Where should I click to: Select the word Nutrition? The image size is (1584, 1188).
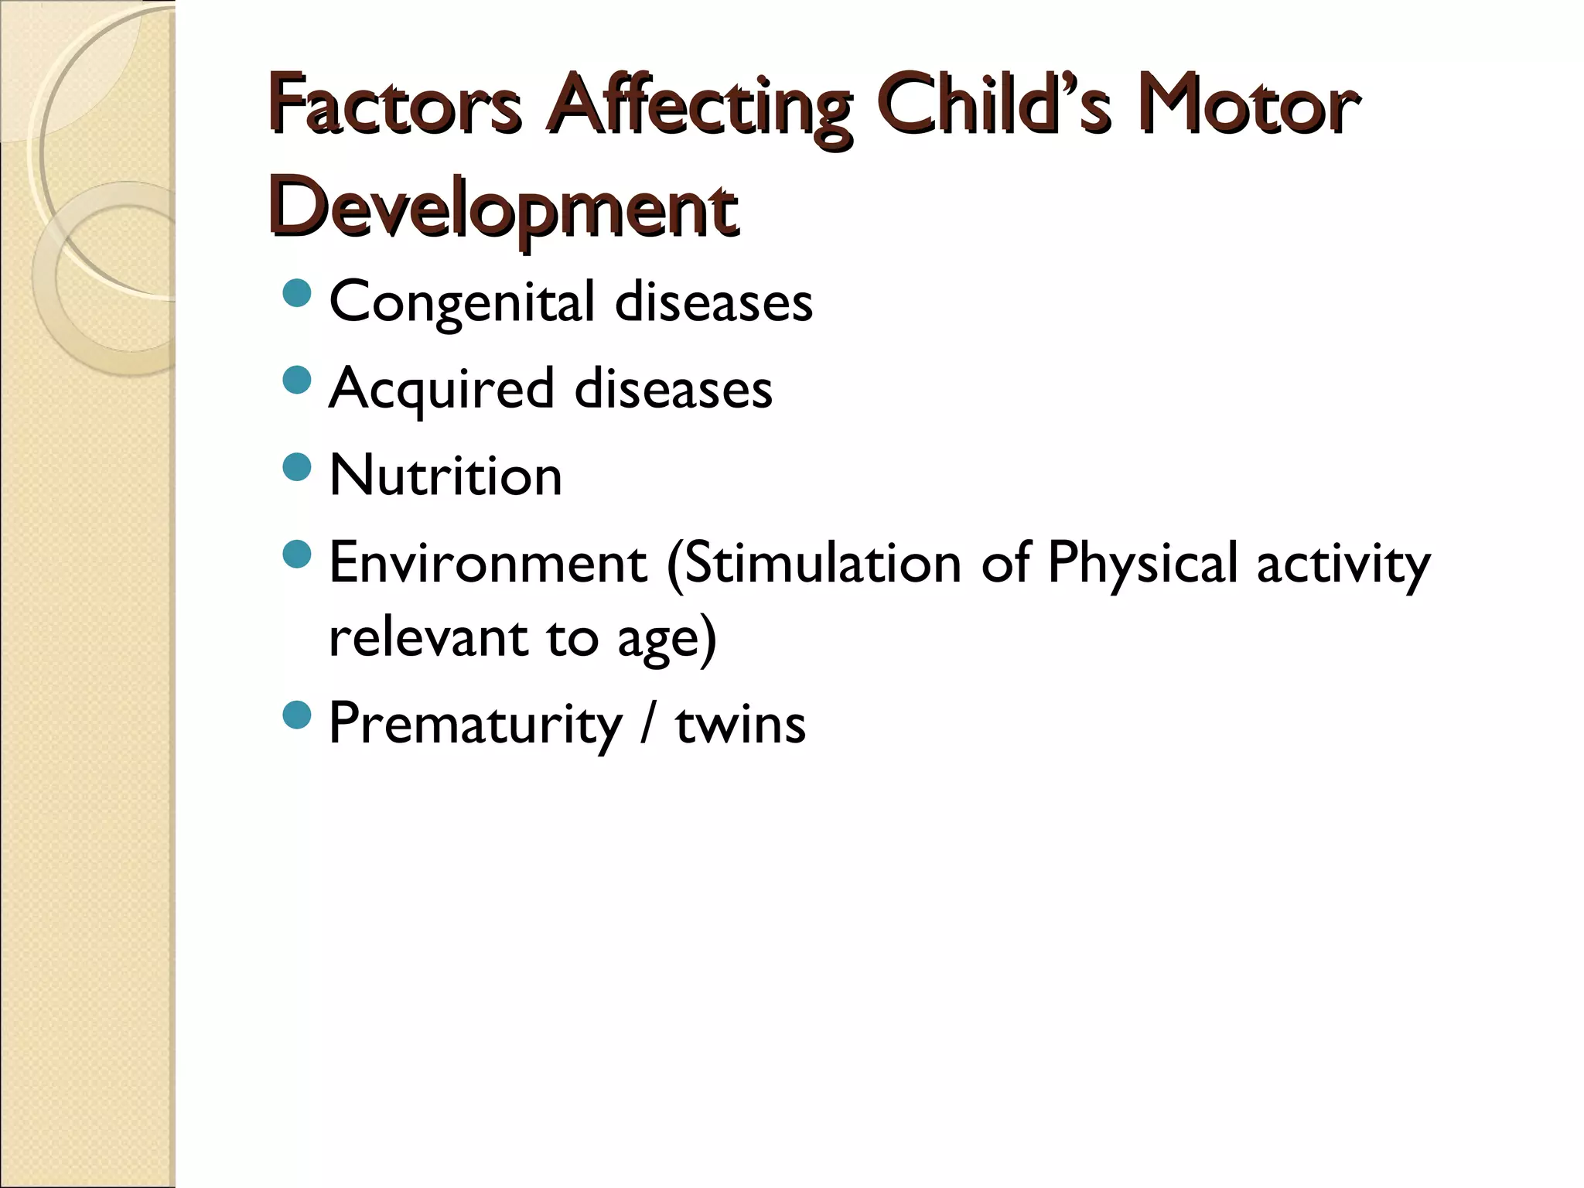click(445, 475)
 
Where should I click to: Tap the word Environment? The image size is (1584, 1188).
click(488, 563)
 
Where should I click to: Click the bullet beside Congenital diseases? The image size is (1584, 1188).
click(297, 294)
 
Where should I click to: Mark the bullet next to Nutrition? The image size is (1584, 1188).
click(297, 467)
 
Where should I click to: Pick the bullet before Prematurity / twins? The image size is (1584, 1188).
click(297, 716)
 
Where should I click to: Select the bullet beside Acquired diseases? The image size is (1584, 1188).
click(297, 381)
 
